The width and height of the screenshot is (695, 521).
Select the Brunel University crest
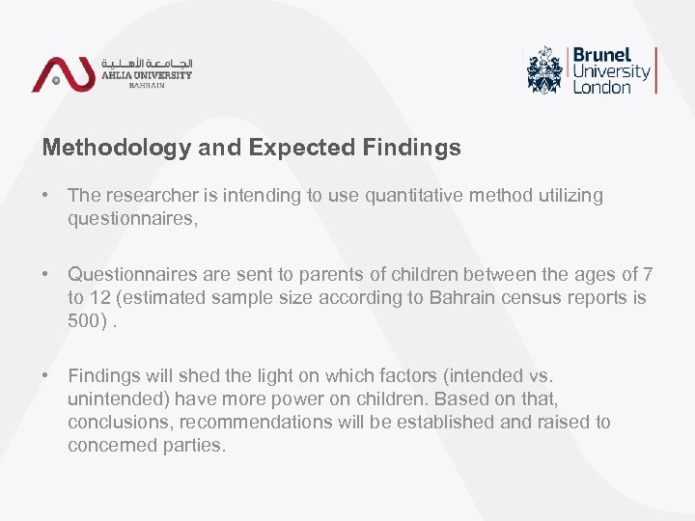[x=545, y=69]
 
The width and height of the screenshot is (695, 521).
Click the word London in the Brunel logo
[x=601, y=87]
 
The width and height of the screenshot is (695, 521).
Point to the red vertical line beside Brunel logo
[x=656, y=69]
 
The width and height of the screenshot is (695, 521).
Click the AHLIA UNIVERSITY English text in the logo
[x=147, y=74]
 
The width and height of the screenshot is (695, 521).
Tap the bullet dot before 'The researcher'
[x=46, y=196]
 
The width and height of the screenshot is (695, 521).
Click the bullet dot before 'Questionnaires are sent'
[x=46, y=275]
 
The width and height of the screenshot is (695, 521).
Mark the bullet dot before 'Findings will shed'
[x=46, y=376]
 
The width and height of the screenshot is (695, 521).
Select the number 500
[x=83, y=321]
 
